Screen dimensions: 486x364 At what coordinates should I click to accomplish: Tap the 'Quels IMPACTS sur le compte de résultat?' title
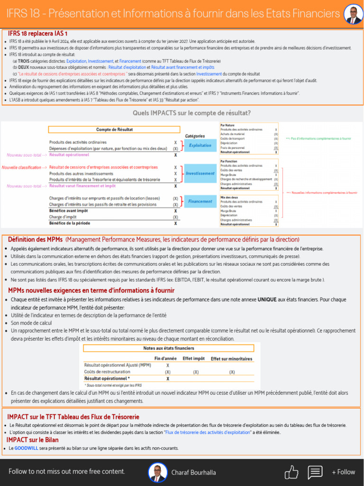(191, 113)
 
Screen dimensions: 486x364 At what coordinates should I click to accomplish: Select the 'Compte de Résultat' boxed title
(114, 129)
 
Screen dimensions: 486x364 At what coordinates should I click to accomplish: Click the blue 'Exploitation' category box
(200, 145)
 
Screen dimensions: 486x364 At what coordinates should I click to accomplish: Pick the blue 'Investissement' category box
(200, 173)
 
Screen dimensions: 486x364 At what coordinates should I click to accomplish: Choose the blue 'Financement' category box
(200, 201)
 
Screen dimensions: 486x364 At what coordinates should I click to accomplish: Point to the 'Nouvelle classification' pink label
(21, 168)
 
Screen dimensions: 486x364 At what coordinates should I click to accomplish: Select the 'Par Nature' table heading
(227, 125)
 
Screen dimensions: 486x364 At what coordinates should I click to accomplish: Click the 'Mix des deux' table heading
(229, 196)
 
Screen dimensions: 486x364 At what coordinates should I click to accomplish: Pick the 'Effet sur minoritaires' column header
(231, 359)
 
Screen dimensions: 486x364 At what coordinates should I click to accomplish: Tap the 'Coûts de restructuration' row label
(107, 372)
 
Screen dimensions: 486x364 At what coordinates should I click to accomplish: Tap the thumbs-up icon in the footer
(291, 472)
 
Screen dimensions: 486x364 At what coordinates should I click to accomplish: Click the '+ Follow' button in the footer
(343, 472)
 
